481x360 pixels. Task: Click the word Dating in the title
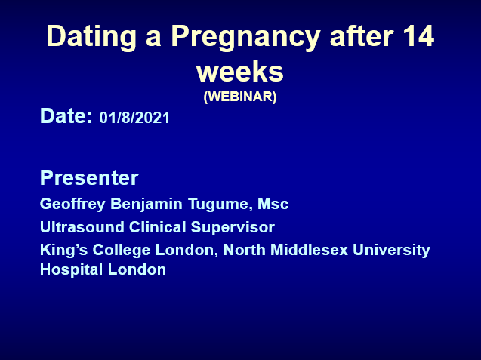91,37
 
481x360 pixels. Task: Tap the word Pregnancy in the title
245,37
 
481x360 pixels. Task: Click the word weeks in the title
240,71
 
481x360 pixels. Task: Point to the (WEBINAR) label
240,97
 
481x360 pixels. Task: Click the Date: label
66,115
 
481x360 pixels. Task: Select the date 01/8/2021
134,118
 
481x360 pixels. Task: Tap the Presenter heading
89,177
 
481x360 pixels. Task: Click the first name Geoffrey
72,204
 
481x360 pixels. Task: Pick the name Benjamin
146,205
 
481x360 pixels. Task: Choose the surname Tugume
220,205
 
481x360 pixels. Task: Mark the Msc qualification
273,204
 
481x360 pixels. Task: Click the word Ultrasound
82,227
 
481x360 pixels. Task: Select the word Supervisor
233,228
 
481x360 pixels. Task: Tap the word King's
64,251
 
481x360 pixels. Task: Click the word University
391,251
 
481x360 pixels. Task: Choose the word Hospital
71,270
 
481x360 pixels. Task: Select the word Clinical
157,227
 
